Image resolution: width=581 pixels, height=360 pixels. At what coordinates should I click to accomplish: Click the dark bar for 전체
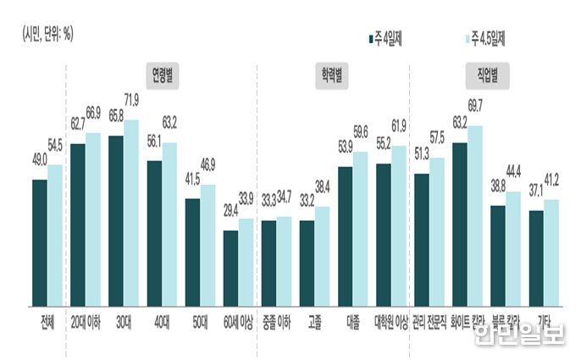(x=40, y=242)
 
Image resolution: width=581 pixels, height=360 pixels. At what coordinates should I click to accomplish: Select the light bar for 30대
(x=131, y=212)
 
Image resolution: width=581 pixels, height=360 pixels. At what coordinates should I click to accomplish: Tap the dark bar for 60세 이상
(x=230, y=268)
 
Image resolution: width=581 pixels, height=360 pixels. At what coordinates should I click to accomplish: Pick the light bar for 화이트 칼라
(x=476, y=215)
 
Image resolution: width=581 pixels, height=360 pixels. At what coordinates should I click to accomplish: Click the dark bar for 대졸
(x=346, y=235)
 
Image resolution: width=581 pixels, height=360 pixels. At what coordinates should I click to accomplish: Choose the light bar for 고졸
(x=323, y=255)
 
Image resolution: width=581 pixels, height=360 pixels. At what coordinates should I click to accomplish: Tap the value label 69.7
(x=476, y=104)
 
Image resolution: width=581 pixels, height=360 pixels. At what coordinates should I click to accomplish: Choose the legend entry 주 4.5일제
(x=484, y=37)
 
